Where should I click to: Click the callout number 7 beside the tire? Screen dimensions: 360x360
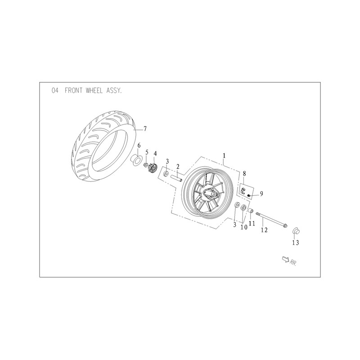[145, 129]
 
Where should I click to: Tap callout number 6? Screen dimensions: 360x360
[139, 145]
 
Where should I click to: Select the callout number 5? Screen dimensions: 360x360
[147, 152]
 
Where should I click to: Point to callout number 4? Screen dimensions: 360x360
[155, 153]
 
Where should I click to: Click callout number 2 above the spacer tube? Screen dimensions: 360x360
[178, 166]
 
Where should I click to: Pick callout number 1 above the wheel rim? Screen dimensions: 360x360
[224, 156]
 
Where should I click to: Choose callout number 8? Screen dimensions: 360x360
[244, 173]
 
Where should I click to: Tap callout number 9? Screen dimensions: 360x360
[261, 193]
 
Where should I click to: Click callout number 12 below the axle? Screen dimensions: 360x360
[264, 229]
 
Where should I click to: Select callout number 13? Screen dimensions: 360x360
[296, 243]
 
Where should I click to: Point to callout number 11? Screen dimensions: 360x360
[252, 223]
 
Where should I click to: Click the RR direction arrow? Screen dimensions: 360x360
[286, 260]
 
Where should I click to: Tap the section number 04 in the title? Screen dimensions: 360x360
[55, 90]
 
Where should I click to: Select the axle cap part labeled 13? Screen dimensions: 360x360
[296, 230]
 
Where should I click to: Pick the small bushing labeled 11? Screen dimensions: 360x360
[251, 210]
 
